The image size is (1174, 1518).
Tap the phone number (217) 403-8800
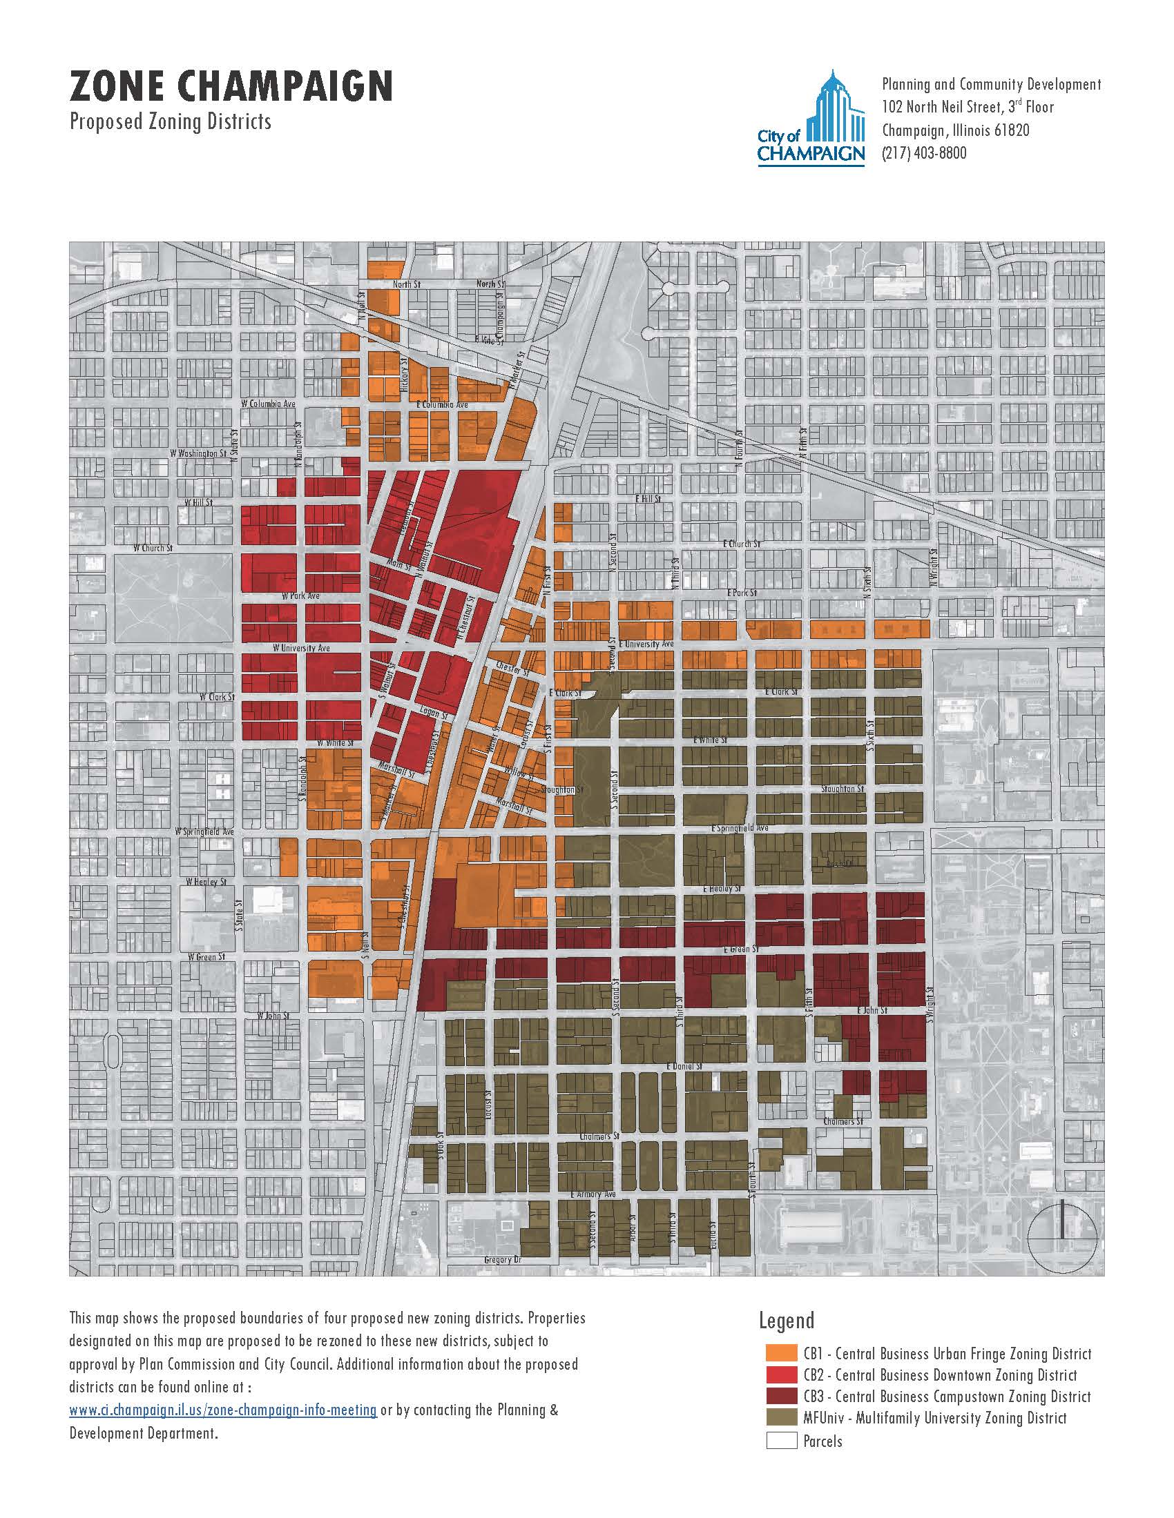923,153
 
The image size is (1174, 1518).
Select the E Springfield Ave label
740,829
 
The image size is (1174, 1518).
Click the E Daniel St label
684,1066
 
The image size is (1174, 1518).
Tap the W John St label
273,1016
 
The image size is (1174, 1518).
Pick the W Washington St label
198,453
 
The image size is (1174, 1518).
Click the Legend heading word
786,1339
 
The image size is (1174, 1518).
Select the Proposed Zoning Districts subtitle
171,122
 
